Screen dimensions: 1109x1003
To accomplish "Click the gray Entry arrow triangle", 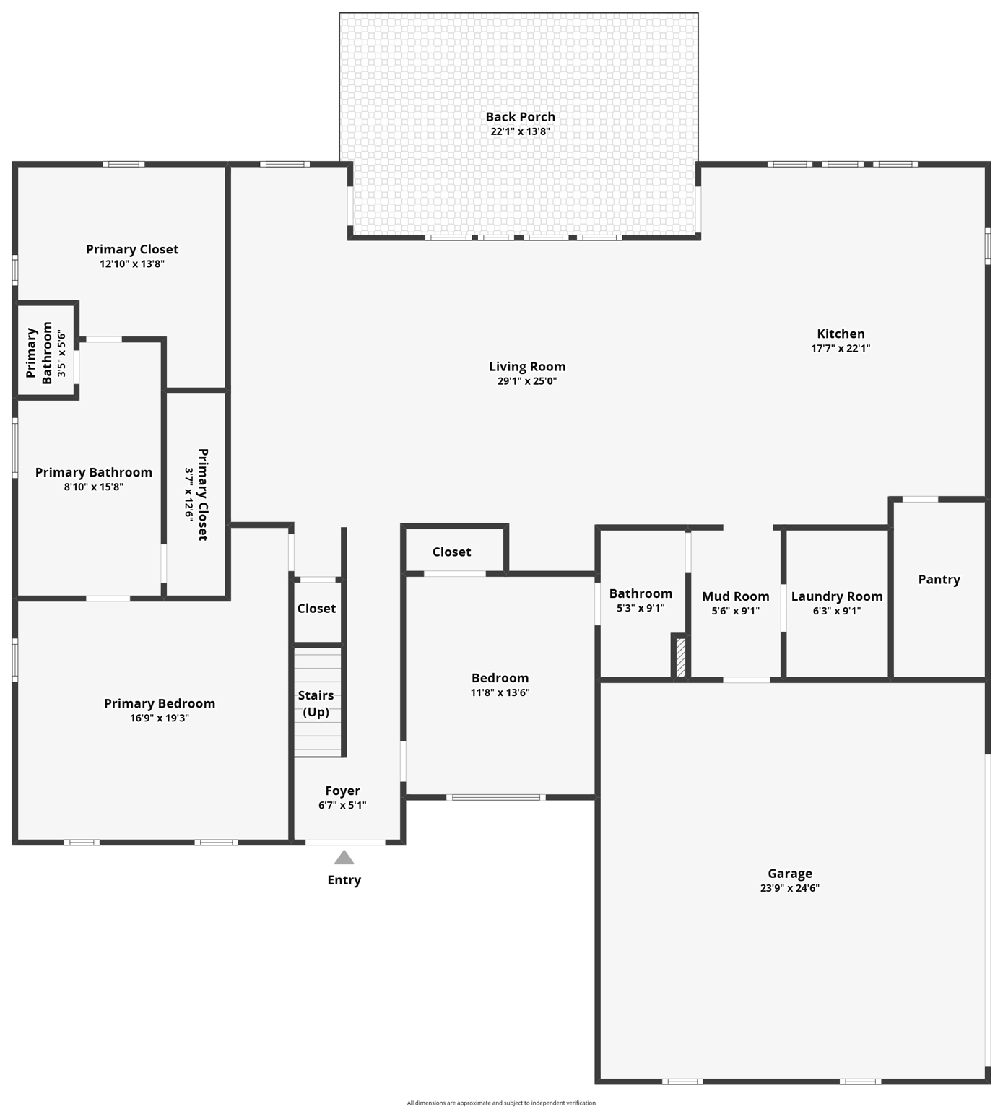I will click(344, 858).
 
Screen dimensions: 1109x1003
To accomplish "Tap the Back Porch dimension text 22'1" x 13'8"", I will click(520, 131).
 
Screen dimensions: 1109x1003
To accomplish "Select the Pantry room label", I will click(939, 579).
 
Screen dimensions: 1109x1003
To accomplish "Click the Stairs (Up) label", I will click(316, 703).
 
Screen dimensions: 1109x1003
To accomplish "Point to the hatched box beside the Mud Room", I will click(680, 657).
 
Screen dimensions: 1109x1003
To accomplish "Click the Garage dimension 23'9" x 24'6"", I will click(789, 888).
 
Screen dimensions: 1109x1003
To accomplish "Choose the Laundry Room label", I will click(836, 596).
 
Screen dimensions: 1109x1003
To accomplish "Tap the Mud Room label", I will click(735, 596).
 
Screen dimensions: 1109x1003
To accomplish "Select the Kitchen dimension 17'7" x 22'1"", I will click(841, 348).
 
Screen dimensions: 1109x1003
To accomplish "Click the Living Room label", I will click(527, 367).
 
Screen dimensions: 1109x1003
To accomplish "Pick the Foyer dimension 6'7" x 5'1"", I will click(342, 805).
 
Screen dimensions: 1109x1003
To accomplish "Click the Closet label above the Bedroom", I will click(451, 552).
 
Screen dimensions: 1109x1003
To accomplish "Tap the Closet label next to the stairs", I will click(316, 609).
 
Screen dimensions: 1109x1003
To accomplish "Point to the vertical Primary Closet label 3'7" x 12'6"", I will click(196, 494).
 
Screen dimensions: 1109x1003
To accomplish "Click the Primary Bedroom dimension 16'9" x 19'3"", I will click(159, 718).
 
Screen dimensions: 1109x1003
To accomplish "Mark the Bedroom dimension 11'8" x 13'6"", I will click(500, 692).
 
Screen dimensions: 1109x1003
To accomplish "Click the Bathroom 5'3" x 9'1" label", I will click(641, 600).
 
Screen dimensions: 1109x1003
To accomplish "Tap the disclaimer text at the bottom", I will click(501, 1103).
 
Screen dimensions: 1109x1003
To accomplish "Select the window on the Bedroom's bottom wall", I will click(496, 797).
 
